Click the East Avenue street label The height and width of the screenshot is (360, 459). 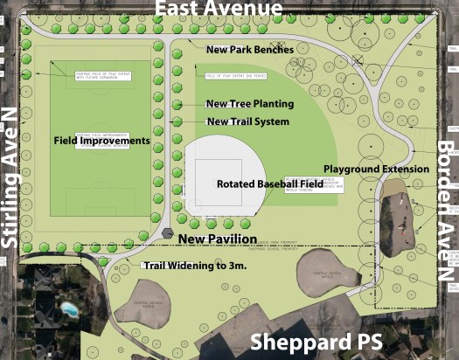coord(219,10)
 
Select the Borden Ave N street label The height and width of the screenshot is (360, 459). coord(446,211)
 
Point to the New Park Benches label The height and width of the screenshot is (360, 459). coord(249,50)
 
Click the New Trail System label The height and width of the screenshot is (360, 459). coord(247,121)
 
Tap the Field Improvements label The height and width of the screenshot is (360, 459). coord(101,140)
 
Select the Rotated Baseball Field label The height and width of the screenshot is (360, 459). coord(270,183)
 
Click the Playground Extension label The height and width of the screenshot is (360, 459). coord(376,169)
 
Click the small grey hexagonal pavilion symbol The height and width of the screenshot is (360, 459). coord(167,233)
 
